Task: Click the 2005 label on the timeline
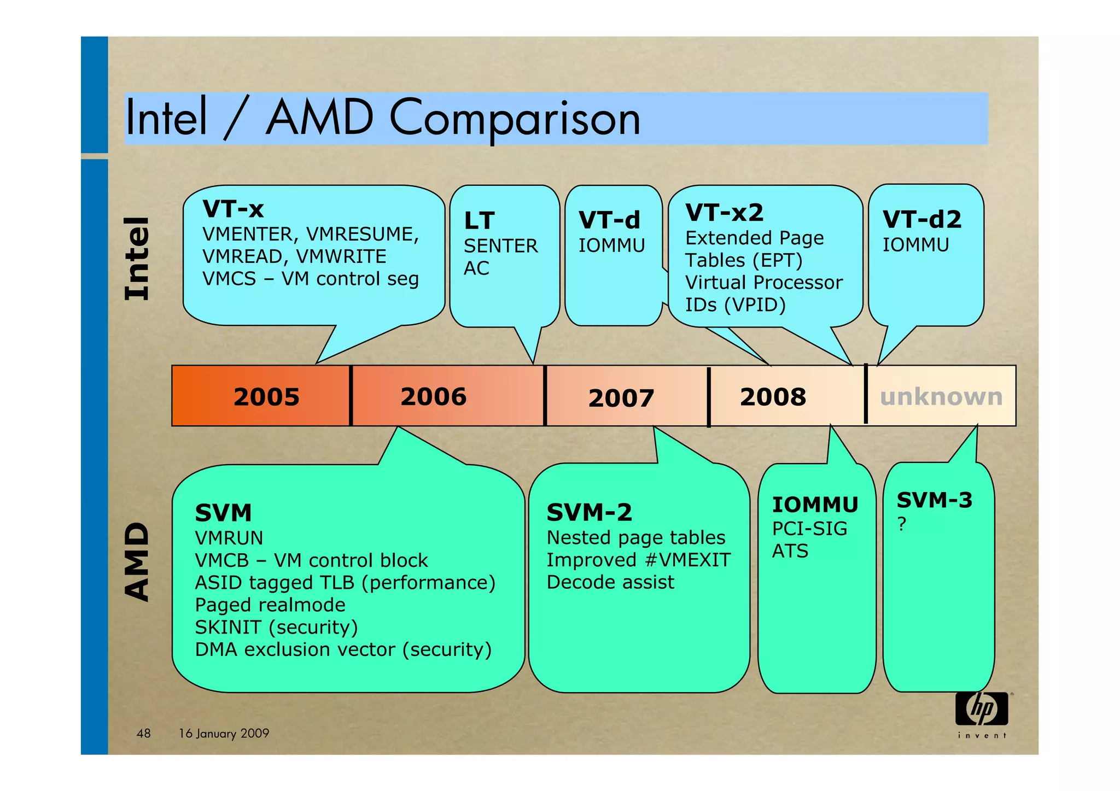click(x=266, y=397)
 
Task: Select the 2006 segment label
click(x=433, y=396)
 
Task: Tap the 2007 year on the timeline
click(x=621, y=398)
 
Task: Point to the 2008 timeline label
click(x=773, y=397)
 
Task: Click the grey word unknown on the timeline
click(x=941, y=397)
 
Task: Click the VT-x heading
click(x=233, y=209)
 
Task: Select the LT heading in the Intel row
click(x=479, y=221)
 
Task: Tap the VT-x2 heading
click(x=724, y=213)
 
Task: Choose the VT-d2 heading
click(x=922, y=220)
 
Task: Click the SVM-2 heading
click(x=589, y=513)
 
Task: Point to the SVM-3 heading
click(x=935, y=500)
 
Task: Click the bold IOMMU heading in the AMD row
click(x=815, y=505)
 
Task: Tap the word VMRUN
click(x=229, y=538)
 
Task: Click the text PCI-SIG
click(x=809, y=529)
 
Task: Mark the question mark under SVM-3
click(x=902, y=524)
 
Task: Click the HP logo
click(x=982, y=709)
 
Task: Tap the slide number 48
click(x=143, y=734)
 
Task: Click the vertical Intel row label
click(x=136, y=259)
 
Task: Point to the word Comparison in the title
click(x=514, y=118)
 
